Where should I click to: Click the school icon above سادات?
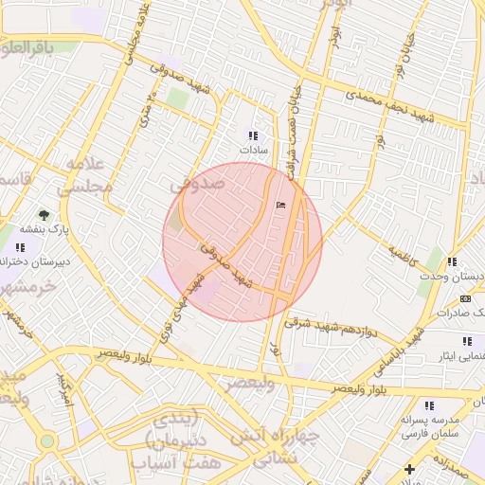tap(252, 135)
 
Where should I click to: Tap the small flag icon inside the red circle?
tap(279, 205)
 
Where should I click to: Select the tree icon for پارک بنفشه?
tap(44, 214)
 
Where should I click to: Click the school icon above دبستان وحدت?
tap(453, 261)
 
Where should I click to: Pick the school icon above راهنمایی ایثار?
tap(465, 340)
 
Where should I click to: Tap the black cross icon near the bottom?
tap(409, 469)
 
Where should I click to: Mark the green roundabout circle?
tap(46, 441)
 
